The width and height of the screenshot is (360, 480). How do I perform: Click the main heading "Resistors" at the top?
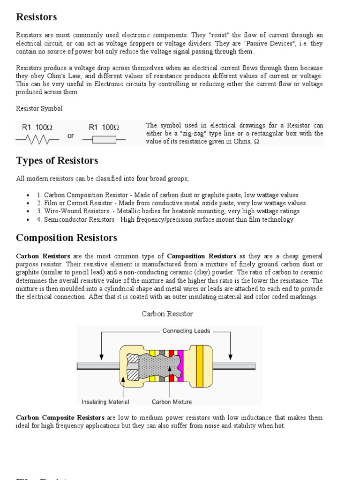coord(37,17)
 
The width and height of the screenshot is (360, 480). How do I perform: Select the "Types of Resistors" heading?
coord(57,161)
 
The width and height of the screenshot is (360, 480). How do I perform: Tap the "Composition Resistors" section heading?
coord(67,238)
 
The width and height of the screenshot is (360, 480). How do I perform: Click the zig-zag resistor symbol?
coord(37,139)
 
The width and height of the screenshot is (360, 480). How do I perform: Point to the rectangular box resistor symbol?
coord(104,139)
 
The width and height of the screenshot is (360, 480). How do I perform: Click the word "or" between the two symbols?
coord(71,136)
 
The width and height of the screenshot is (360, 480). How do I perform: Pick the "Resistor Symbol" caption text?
coord(39,108)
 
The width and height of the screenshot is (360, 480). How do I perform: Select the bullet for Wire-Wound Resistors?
coord(28,211)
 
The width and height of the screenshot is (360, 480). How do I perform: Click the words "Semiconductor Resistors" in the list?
coord(80,219)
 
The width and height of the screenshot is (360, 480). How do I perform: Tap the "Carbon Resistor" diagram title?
coord(167,314)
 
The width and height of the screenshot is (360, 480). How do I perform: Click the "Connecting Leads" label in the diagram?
coord(186,331)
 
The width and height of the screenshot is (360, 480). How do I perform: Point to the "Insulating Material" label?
coord(105,402)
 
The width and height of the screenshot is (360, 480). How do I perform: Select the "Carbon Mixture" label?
coord(172,402)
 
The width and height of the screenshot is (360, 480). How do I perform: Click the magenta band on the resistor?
coord(180,366)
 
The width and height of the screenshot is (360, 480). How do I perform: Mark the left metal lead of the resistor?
coord(98,366)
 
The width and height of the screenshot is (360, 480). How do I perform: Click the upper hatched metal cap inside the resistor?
coord(133,359)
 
